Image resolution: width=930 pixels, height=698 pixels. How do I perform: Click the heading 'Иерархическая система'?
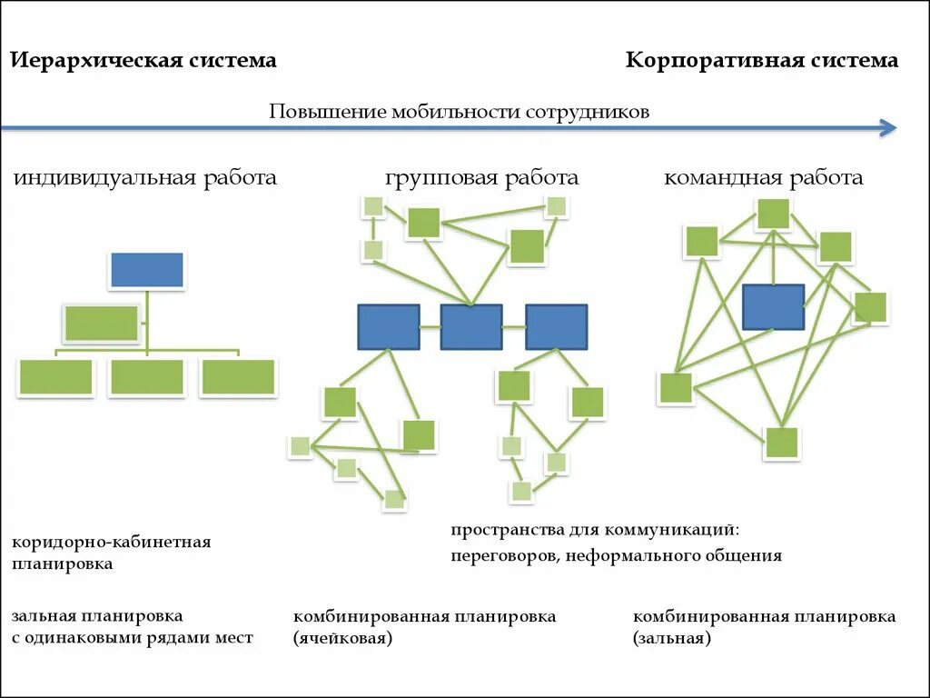point(143,61)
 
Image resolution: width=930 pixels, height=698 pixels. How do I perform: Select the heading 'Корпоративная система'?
point(762,61)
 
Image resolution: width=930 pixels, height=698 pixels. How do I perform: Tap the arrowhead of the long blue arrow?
point(890,128)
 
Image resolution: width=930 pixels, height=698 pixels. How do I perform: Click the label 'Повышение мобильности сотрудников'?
point(459,112)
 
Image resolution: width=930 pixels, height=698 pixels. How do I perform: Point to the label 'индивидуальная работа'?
point(144,177)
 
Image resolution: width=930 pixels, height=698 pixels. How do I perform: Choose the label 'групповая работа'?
point(481,177)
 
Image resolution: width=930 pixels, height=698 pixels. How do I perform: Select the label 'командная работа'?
point(763,177)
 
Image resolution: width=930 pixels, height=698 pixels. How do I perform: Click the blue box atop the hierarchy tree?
point(147,270)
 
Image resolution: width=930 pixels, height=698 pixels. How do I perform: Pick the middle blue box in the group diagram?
point(471,327)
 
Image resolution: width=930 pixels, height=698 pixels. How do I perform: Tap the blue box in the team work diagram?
point(773,306)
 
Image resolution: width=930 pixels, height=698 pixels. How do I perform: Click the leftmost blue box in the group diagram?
point(389,327)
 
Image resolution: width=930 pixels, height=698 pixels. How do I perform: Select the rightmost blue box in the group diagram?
point(556,327)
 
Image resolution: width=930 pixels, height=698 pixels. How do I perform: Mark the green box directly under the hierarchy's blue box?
point(102,324)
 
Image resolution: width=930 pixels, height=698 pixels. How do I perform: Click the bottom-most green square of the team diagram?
point(781,443)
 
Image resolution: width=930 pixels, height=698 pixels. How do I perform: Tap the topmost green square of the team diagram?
point(773,214)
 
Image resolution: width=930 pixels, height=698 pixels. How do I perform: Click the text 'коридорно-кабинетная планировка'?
point(111,553)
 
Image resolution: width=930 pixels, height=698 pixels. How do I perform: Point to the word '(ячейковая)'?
point(342,639)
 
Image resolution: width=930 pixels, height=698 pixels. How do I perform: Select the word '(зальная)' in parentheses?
point(672,639)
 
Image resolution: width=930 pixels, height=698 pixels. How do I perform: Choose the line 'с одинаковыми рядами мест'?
point(132,638)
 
